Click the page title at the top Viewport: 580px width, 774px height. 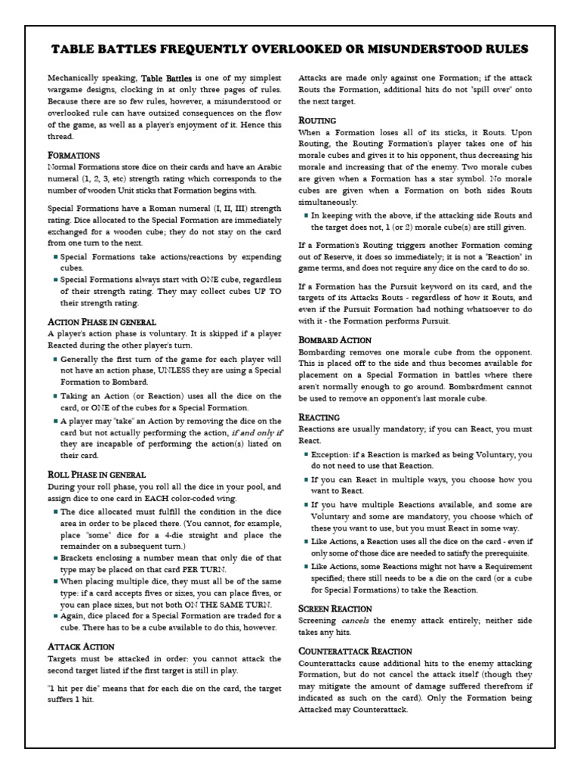click(x=289, y=49)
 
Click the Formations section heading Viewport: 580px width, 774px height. click(x=73, y=155)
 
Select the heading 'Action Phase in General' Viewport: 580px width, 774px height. click(x=101, y=321)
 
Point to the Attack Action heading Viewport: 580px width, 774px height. click(x=81, y=646)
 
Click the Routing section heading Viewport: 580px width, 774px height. click(x=317, y=120)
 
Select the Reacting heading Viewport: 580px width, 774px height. click(x=319, y=416)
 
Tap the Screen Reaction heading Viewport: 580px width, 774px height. click(x=335, y=608)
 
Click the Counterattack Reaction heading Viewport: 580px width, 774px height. click(x=355, y=651)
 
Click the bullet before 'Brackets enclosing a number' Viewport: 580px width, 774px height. click(x=56, y=557)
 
